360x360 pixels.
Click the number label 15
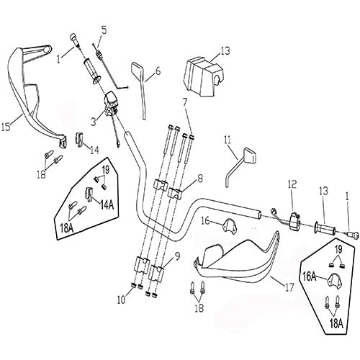[x=5, y=127]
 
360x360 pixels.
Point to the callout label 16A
[x=309, y=275]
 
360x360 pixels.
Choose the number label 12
[x=292, y=184]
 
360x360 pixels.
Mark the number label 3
[x=93, y=123]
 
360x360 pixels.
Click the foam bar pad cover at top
[x=202, y=71]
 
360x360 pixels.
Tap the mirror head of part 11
[x=251, y=153]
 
